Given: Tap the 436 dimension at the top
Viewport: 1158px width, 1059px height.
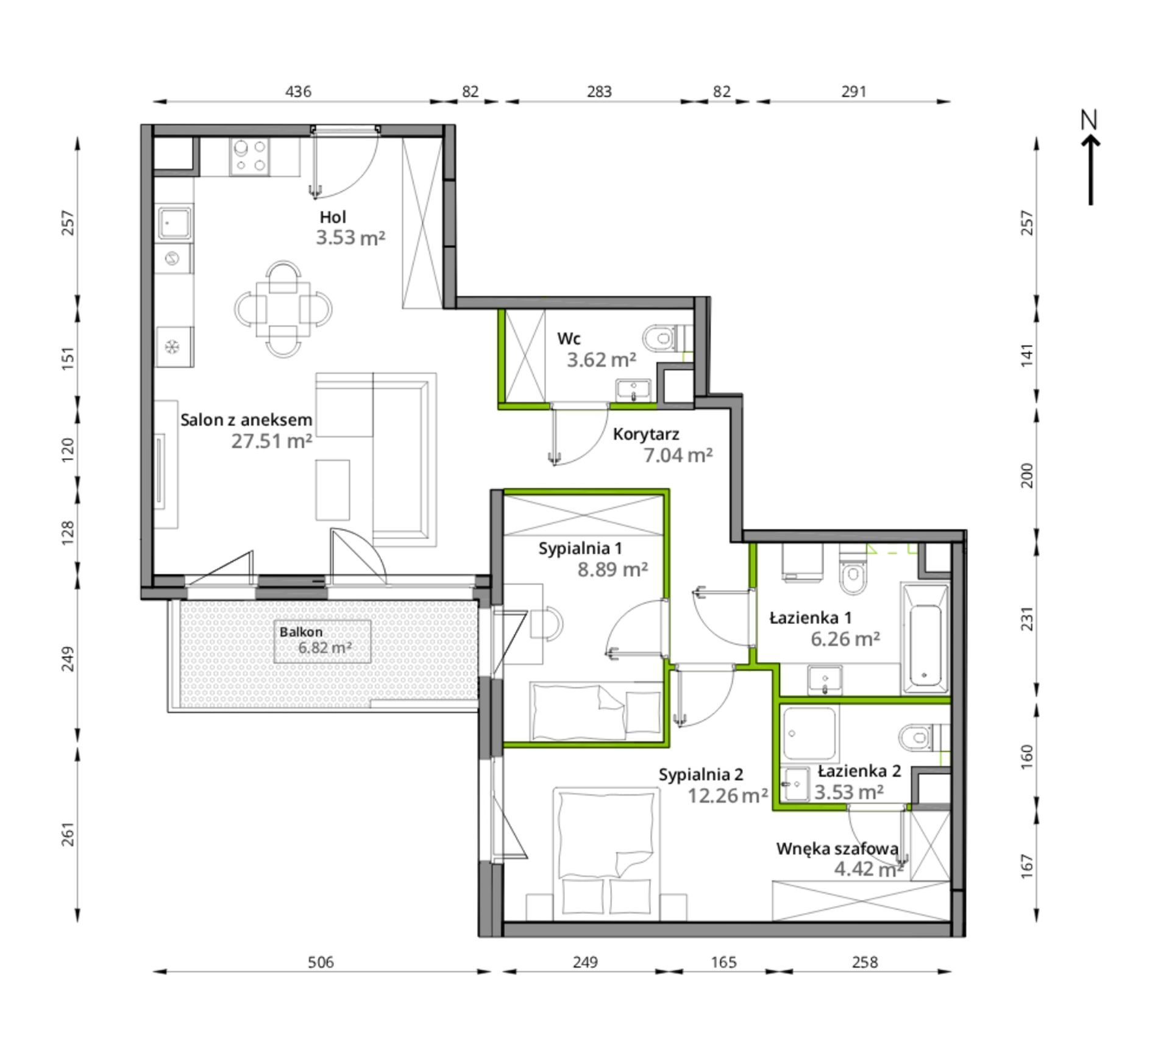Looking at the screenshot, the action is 298,91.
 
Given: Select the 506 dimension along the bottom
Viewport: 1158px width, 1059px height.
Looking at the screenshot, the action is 321,962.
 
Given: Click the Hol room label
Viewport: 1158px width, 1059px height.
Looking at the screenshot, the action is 333,217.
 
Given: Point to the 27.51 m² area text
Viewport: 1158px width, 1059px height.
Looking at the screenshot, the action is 272,441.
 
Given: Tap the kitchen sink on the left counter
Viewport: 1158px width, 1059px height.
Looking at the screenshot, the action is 174,223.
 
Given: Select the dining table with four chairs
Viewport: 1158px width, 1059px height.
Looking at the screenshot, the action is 283,309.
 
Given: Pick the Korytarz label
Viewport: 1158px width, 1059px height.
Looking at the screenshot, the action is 645,435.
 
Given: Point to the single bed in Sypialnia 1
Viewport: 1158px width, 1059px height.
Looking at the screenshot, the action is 596,712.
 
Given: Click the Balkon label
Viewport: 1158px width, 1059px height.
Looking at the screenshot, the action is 301,632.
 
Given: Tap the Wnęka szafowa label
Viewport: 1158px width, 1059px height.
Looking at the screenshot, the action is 837,849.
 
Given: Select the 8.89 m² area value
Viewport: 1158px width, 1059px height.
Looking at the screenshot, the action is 613,569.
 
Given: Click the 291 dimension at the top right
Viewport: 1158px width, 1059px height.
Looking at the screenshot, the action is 854,91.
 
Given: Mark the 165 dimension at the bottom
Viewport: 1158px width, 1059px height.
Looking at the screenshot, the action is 723,962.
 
